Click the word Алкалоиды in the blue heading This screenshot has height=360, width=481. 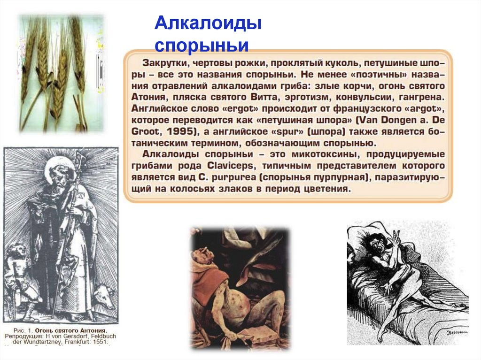pyautogui.click(x=208, y=23)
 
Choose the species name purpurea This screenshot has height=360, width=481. pyautogui.click(x=235, y=178)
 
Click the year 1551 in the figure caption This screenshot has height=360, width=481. pyautogui.click(x=100, y=343)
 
